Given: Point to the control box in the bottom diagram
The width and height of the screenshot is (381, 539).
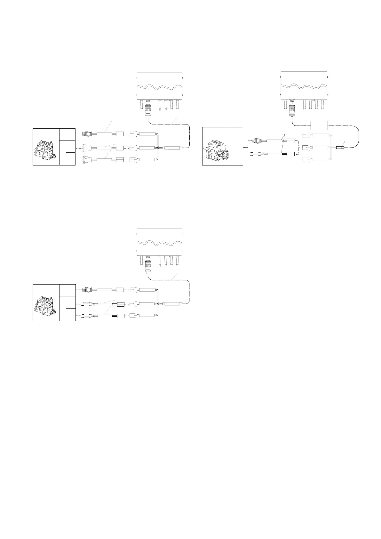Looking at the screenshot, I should coord(159,242).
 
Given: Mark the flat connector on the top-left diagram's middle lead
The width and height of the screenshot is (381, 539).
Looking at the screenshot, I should coord(86,148).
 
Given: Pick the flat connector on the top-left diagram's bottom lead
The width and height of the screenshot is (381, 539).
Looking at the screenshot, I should coord(86,159).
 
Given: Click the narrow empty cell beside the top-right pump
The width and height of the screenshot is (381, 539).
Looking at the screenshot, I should coord(236,146).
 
